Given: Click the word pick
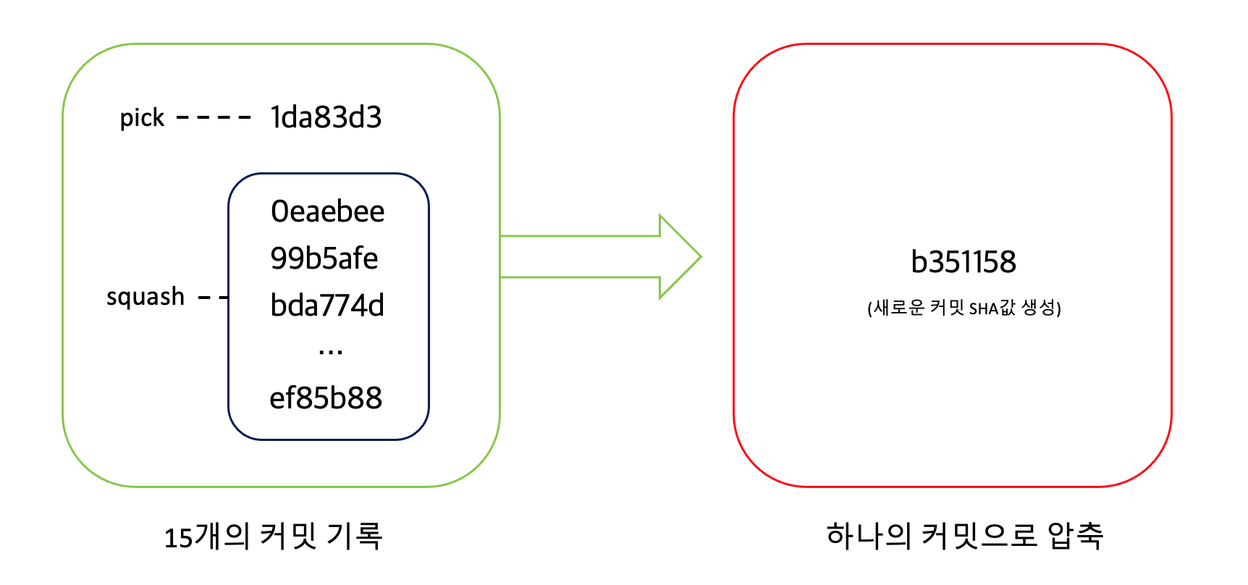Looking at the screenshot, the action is (142, 117).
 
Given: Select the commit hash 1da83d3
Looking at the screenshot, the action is (326, 117).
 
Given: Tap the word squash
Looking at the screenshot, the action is (146, 297).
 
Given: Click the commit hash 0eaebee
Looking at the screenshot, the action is (327, 211).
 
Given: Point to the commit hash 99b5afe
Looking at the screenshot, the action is (324, 258).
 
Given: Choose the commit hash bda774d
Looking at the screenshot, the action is (327, 306).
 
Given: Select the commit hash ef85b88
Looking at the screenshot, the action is (326, 398).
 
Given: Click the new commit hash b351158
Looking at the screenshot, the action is (963, 262).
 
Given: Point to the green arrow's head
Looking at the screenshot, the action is (680, 257).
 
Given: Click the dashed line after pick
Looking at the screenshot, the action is (214, 117).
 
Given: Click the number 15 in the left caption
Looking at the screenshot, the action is (178, 538).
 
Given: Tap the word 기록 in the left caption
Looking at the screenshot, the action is (354, 536).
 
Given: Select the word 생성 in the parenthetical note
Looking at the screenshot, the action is (1038, 308).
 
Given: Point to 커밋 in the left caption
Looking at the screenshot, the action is (287, 536).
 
